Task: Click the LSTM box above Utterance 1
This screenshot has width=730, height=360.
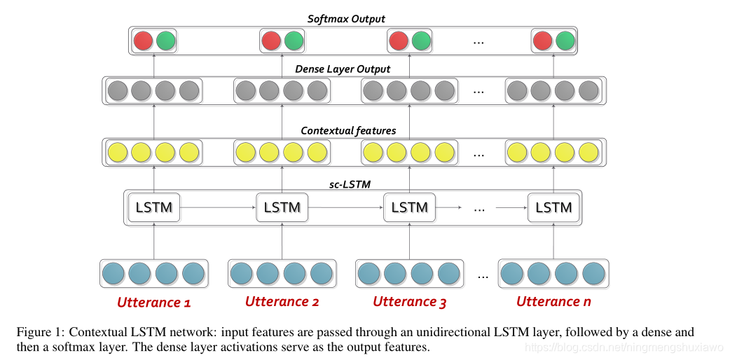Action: point(154,207)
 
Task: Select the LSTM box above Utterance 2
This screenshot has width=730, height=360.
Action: point(282,207)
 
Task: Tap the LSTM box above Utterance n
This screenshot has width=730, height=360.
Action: point(553,207)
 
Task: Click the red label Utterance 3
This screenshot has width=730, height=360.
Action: point(409,302)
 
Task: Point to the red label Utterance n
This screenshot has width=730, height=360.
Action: point(553,302)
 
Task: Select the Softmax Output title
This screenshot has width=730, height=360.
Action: point(346,19)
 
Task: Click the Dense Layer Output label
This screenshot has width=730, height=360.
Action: point(343,69)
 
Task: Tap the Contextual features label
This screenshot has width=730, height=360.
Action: point(348,130)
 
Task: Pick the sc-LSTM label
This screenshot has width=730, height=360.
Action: point(350,184)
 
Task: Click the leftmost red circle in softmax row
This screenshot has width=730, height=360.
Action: point(143,41)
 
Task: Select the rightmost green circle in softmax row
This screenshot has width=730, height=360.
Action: point(565,41)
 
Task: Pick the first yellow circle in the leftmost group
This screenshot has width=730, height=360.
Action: point(116,152)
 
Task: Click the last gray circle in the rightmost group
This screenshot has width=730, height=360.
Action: point(588,91)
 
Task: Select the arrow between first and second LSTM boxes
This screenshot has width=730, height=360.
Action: point(218,207)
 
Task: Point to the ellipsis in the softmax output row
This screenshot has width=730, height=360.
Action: point(479,42)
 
